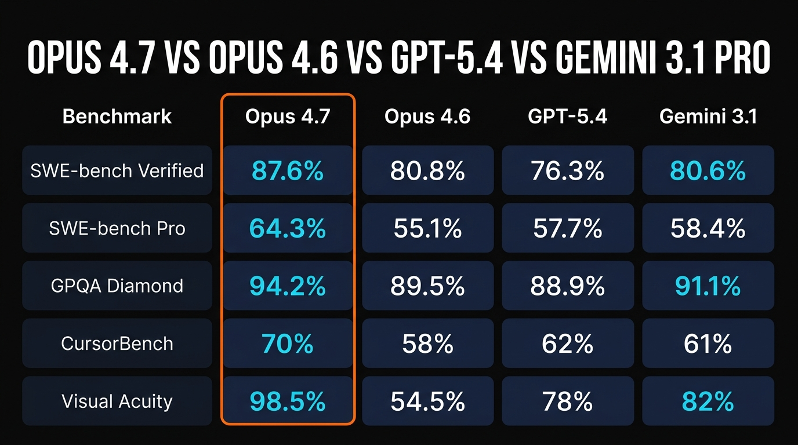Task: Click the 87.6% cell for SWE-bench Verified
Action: tap(288, 171)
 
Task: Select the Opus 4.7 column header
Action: tap(288, 116)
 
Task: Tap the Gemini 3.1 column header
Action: tap(708, 116)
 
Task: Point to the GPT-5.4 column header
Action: tap(567, 116)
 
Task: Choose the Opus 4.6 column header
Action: tap(427, 116)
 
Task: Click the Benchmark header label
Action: tap(117, 116)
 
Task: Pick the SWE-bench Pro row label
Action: tap(117, 228)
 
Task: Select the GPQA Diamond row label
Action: tap(117, 286)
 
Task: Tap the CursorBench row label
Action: tap(117, 344)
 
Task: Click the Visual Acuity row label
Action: tap(117, 402)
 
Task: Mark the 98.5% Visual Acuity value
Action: tap(288, 402)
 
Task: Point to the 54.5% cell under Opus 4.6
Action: tap(427, 402)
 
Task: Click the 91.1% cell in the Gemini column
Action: tap(708, 286)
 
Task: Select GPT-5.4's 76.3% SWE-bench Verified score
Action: tap(567, 171)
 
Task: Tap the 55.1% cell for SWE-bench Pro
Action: tap(427, 228)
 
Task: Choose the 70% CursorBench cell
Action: tap(288, 344)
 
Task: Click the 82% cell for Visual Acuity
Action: tap(708, 402)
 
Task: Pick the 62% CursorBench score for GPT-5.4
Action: tap(567, 344)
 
